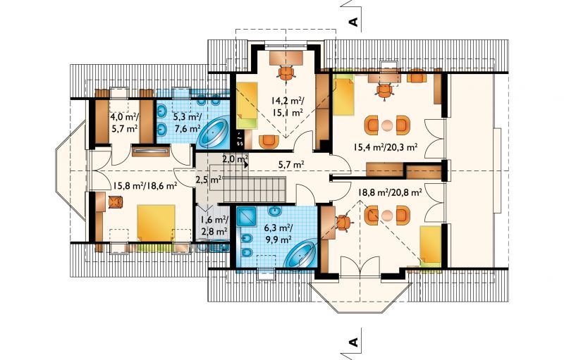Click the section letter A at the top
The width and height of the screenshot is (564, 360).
pyautogui.click(x=354, y=22)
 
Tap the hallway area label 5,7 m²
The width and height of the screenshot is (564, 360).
pyautogui.click(x=291, y=165)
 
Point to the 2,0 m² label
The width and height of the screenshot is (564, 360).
pyautogui.click(x=235, y=159)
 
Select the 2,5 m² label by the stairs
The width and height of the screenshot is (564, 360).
pyautogui.click(x=208, y=179)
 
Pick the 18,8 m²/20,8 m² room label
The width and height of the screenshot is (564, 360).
pyautogui.click(x=390, y=192)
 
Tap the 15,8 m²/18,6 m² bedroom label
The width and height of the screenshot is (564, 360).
pyautogui.click(x=145, y=185)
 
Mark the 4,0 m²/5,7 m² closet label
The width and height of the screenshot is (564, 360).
pyautogui.click(x=124, y=123)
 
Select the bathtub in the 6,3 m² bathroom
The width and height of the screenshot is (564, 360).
pyautogui.click(x=300, y=254)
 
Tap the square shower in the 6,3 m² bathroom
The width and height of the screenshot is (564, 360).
pyautogui.click(x=246, y=216)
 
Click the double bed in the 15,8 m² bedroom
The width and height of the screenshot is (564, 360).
pyautogui.click(x=156, y=223)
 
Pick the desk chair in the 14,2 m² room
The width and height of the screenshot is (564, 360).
pyautogui.click(x=287, y=73)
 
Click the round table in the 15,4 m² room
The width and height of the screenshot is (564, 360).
pyautogui.click(x=387, y=125)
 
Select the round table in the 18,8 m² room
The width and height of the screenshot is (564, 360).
pyautogui.click(x=387, y=216)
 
